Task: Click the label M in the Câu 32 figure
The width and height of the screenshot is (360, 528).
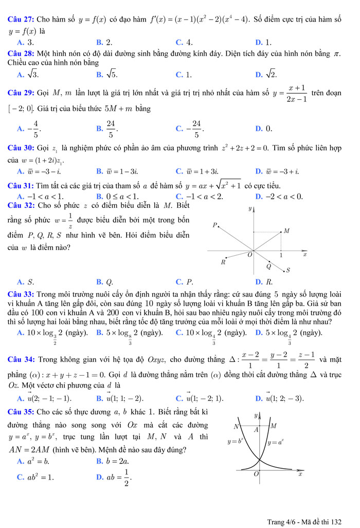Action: [286, 231]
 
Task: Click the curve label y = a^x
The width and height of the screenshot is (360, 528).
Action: [276, 442]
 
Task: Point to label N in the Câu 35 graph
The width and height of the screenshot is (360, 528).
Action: [237, 426]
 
